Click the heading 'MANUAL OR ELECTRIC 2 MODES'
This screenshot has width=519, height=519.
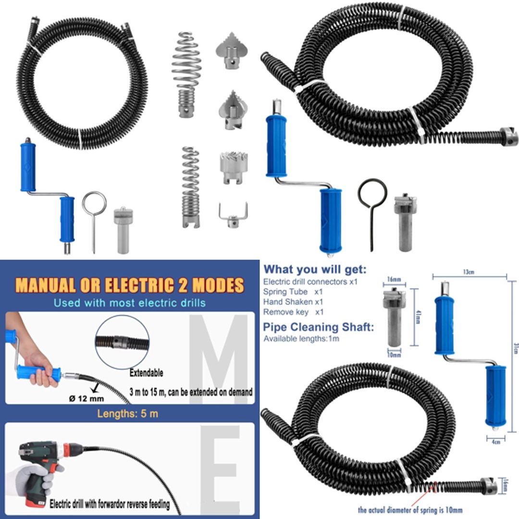[x=130, y=285]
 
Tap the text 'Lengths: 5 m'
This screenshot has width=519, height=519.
[x=128, y=414]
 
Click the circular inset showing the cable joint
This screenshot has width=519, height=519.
[x=122, y=342]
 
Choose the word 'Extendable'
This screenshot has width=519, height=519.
[x=147, y=373]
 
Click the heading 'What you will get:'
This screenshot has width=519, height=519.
[x=315, y=269]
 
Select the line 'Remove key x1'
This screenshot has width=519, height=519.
[x=294, y=312]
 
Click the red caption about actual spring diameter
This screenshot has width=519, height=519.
[x=410, y=510]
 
